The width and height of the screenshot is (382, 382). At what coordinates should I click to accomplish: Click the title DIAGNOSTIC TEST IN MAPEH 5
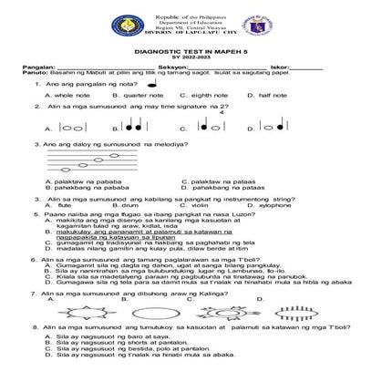190,50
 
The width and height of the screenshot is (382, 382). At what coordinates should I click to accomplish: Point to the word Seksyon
170,67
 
